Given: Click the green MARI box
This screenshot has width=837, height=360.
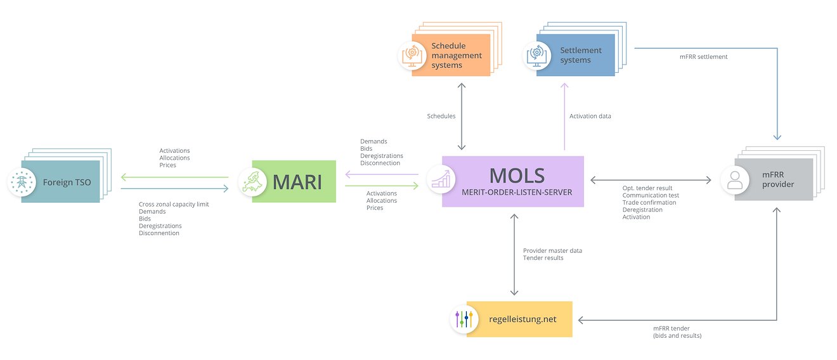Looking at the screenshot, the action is coord(294,181).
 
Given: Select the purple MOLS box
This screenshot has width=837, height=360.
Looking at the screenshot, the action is coord(512,181).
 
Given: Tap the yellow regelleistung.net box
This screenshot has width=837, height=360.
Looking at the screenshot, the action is coord(519,319).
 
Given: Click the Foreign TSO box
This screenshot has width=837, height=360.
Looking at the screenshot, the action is coord(60,182).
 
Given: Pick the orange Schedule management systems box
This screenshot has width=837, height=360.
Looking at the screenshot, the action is coord(451,55).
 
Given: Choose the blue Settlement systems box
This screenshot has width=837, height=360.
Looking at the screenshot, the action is coord(576,55).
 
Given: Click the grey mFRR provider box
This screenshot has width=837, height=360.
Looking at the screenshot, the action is coord(774,179).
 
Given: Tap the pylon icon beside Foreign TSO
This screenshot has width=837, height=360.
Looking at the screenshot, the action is coord(22,182).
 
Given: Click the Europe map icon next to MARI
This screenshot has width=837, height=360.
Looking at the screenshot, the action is coord(252,182).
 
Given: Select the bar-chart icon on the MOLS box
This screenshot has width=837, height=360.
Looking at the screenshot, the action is coord(441,179).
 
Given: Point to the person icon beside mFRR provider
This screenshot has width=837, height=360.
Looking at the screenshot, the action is coord(735,180).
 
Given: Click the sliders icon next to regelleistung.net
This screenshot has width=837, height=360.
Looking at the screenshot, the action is coord(464,319).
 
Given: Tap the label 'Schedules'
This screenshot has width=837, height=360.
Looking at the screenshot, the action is coord(441,116).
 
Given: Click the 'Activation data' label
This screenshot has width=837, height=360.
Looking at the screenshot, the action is coord(590,116).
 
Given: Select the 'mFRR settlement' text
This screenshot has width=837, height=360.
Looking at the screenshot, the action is coord(704,57).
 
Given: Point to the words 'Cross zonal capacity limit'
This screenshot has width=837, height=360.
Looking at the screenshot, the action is coord(174,204).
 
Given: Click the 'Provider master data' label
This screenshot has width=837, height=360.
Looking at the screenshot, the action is coord(553,250).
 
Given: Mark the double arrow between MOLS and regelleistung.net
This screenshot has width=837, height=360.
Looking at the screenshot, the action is coord(514,255).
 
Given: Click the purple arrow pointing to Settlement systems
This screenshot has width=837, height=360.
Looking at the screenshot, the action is coord(564,117).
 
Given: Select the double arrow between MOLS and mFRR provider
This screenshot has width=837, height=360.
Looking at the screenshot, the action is coord(651,180).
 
